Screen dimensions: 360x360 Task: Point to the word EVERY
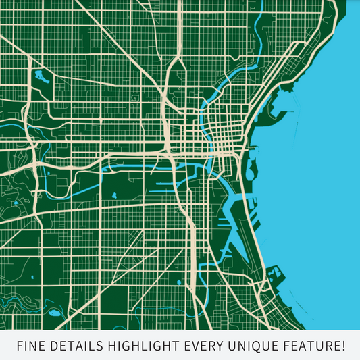tap(203, 346)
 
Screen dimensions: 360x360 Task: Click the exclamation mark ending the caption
tap(344, 346)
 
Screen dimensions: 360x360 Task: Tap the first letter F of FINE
tap(19, 346)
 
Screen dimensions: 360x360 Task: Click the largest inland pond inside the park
tap(39, 75)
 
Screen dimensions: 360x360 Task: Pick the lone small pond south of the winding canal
tap(114, 196)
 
